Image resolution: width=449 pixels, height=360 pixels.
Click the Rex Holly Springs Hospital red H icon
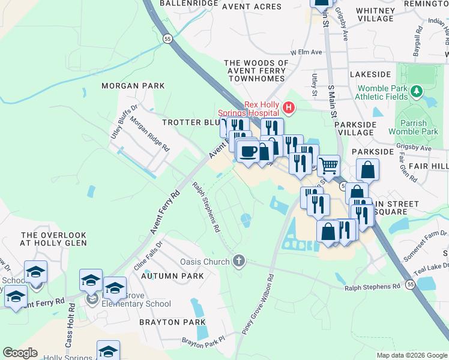(x=289, y=108)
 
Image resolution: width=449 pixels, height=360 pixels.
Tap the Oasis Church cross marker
(x=239, y=261)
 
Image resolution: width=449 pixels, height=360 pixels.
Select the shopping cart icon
(x=328, y=165)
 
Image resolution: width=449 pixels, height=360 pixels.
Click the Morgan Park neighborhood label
(x=133, y=86)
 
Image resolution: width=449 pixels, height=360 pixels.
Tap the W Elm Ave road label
(x=306, y=52)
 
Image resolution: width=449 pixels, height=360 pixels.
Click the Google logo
(x=20, y=353)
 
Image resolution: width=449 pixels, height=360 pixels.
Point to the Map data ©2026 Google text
(x=411, y=355)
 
